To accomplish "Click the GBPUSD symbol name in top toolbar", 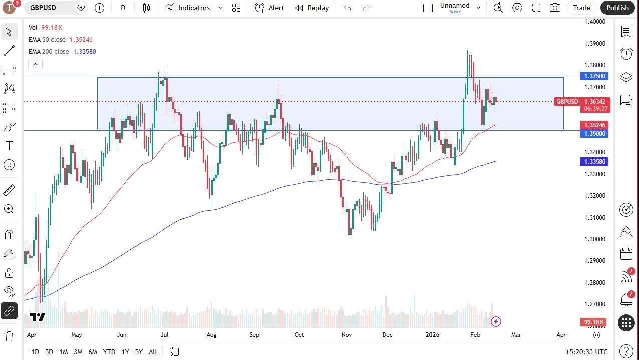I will click(43, 8).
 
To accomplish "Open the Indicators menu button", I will click(194, 8).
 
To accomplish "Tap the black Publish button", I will click(617, 8).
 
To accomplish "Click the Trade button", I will click(581, 8).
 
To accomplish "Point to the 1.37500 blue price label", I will click(594, 76).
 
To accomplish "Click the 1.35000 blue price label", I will click(594, 134).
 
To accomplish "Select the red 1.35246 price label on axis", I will click(594, 125).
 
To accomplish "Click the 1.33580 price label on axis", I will click(594, 162).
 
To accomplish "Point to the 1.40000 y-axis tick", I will click(595, 22).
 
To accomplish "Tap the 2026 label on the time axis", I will click(432, 335).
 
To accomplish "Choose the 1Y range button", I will click(125, 352).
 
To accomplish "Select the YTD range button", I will click(109, 352).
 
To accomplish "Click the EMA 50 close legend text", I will click(47, 40).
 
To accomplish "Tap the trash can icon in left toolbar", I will click(9, 336).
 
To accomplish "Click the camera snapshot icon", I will click(554, 8).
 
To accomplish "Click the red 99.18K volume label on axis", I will click(593, 322).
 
